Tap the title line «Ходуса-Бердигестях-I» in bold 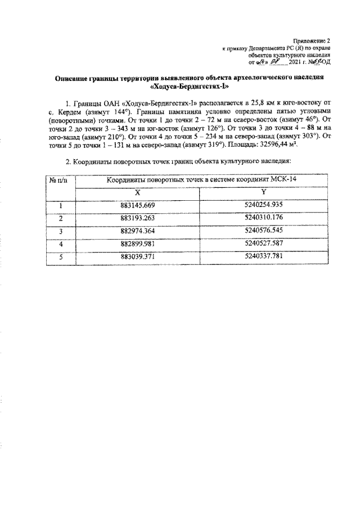(x=192, y=87)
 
